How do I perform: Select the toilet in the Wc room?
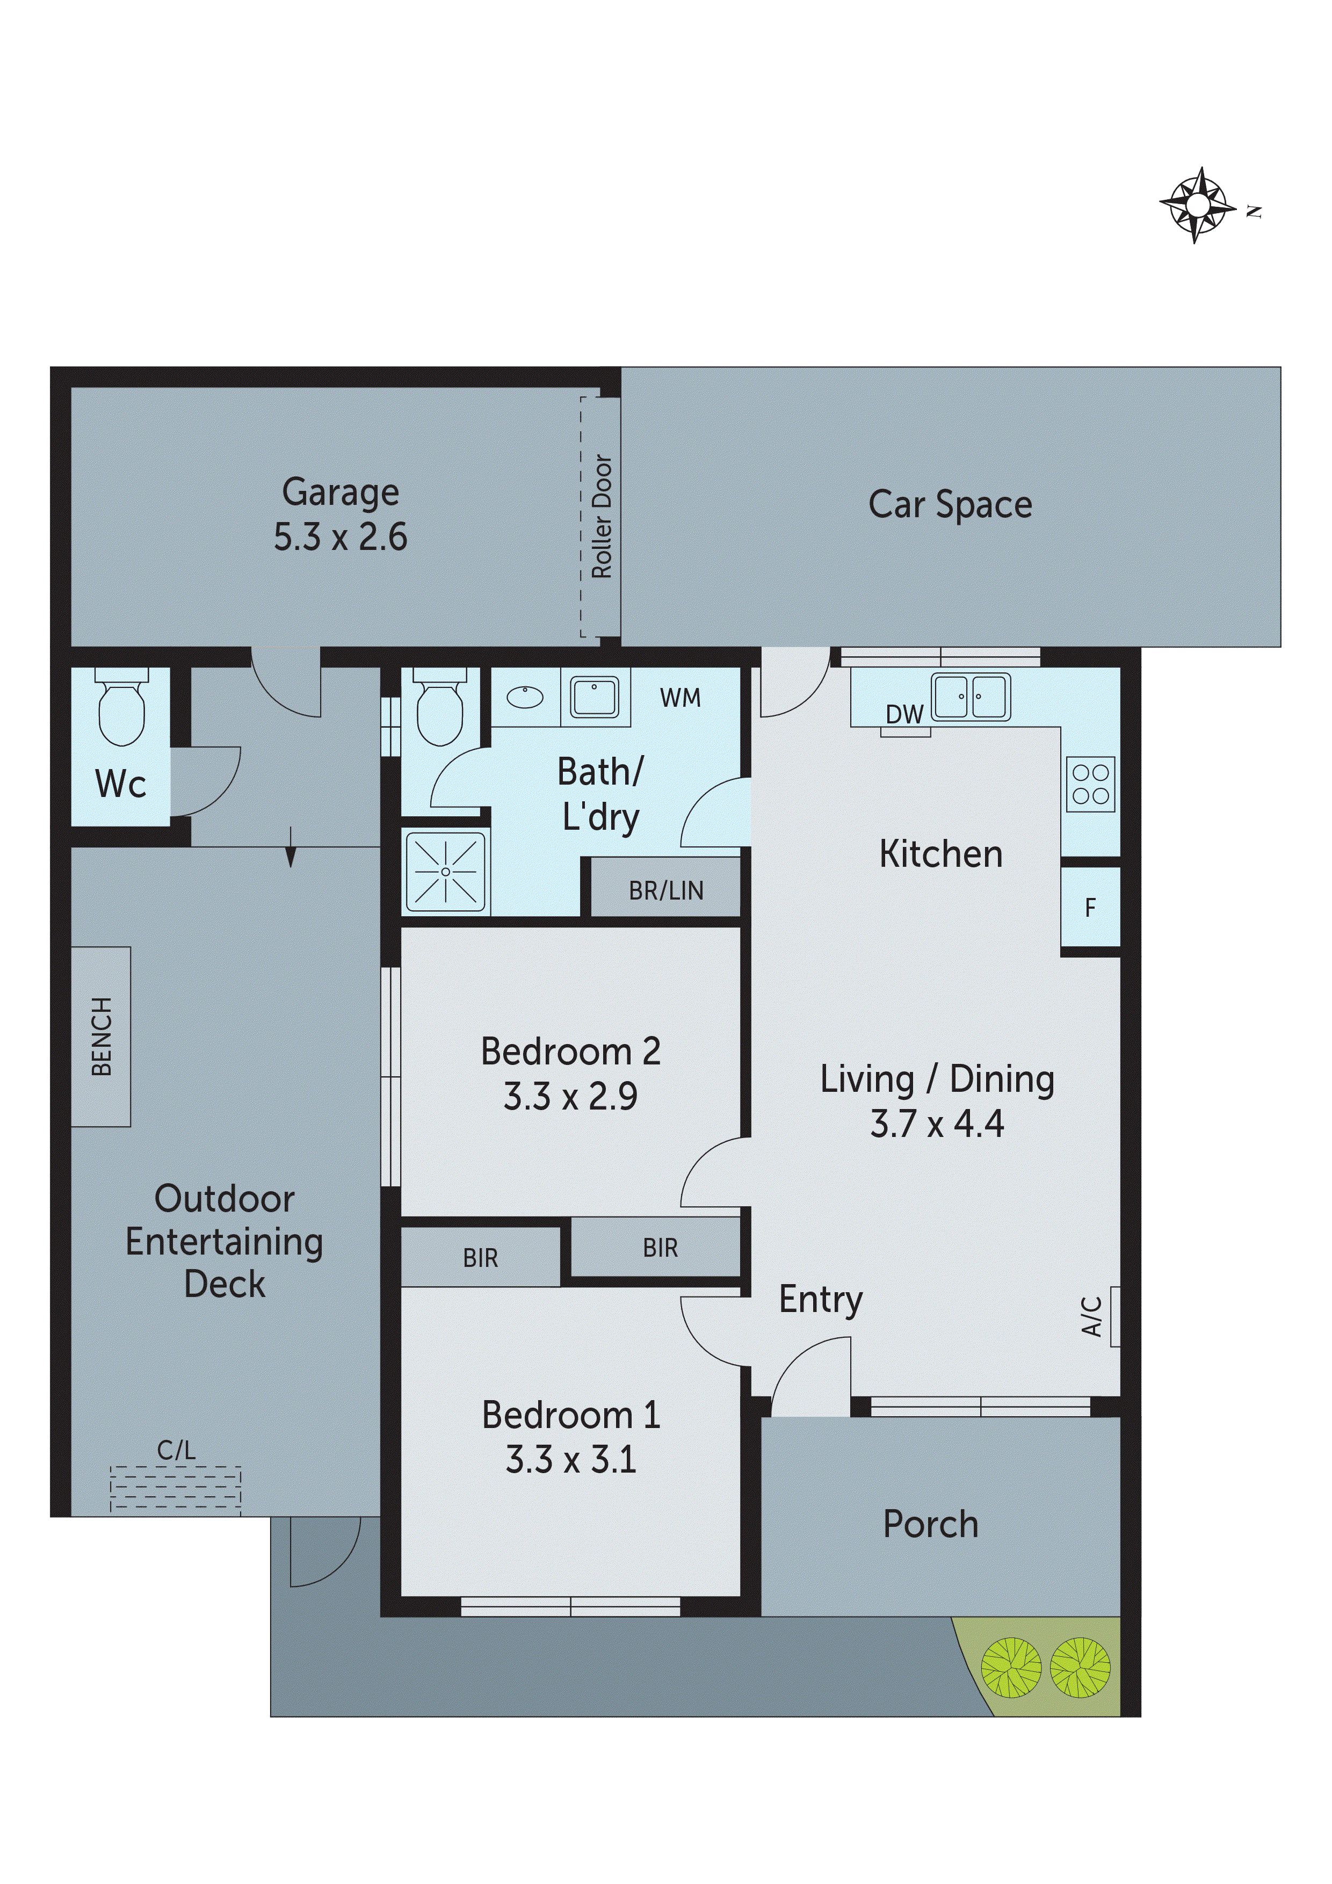121,708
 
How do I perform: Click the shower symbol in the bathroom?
446,872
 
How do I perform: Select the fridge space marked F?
1090,908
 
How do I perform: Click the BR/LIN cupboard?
665,890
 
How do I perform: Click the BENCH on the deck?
101,1037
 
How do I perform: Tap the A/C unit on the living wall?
1114,1316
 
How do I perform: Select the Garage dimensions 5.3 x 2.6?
340,538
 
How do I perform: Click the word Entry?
820,1300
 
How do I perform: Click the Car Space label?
950,505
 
